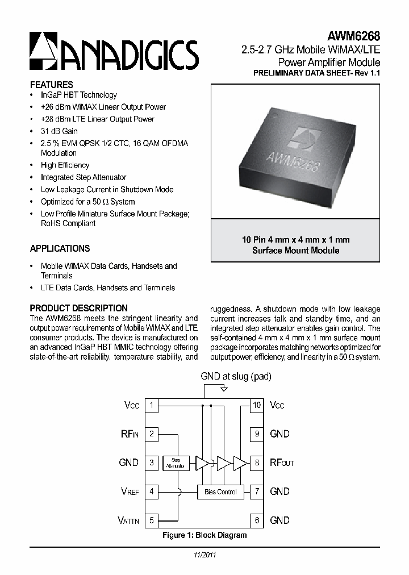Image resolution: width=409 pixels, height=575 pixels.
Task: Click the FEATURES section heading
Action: pos(51,85)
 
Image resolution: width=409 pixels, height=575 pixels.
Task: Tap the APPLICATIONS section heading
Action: pos(60,248)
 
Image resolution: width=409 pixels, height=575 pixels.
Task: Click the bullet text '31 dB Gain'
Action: pos(59,131)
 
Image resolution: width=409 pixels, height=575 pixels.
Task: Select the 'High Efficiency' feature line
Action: pos(65,165)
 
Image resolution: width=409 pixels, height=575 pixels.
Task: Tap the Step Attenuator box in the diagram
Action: pos(176,463)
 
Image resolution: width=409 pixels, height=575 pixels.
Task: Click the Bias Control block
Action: pos(220,491)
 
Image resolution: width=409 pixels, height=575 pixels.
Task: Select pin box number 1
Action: pos(152,405)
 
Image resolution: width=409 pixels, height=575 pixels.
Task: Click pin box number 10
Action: pos(257,405)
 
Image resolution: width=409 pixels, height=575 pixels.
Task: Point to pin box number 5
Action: pos(152,520)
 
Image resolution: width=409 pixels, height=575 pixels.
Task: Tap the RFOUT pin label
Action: pos(282,463)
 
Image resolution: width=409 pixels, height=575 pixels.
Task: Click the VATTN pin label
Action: pos(128,520)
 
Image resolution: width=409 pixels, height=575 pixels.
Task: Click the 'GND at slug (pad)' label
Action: pos(236,377)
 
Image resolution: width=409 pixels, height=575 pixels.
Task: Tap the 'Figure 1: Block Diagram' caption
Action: pos(204,535)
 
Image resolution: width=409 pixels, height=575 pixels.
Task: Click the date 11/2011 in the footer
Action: pos(204,554)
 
